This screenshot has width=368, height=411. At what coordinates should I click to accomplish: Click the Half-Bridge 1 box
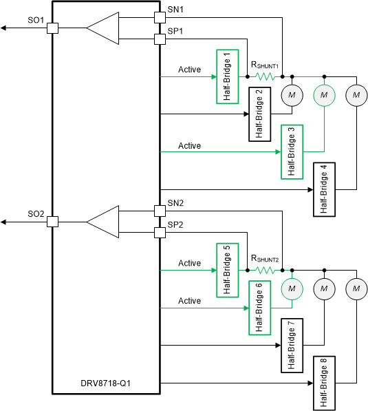pyautogui.click(x=227, y=76)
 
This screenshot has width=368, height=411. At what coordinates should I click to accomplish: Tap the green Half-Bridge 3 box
pyautogui.click(x=292, y=151)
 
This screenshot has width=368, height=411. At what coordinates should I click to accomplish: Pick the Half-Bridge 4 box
pyautogui.click(x=324, y=189)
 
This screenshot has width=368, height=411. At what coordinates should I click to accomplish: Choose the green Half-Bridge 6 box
pyautogui.click(x=259, y=307)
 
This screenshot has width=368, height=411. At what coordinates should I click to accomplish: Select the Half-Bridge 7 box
pyautogui.click(x=292, y=345)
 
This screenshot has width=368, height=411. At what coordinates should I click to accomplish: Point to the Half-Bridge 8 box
pyautogui.click(x=324, y=382)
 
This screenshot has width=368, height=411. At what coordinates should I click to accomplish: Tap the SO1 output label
pyautogui.click(x=36, y=21)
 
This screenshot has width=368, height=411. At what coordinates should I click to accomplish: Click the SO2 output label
pyautogui.click(x=36, y=214)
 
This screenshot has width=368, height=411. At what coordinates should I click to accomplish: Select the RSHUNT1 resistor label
pyautogui.click(x=265, y=65)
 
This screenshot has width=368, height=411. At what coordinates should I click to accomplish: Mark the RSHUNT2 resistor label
pyautogui.click(x=265, y=259)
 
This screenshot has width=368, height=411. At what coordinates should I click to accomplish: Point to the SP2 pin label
pyautogui.click(x=176, y=224)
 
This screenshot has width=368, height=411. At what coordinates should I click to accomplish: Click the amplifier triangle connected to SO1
pyautogui.click(x=102, y=28)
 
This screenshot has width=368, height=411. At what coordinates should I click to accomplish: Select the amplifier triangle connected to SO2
pyautogui.click(x=102, y=222)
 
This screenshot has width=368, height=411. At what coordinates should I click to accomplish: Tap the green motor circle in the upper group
pyautogui.click(x=323, y=94)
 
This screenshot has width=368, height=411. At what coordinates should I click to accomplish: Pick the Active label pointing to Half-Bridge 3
pyautogui.click(x=189, y=145)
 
